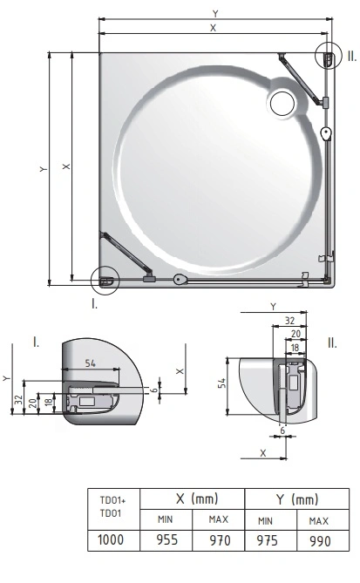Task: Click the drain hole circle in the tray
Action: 282,104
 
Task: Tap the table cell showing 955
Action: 166,540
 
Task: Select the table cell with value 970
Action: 219,540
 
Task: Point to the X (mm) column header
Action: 193,498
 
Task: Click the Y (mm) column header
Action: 296,498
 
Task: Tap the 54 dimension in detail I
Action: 91,363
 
